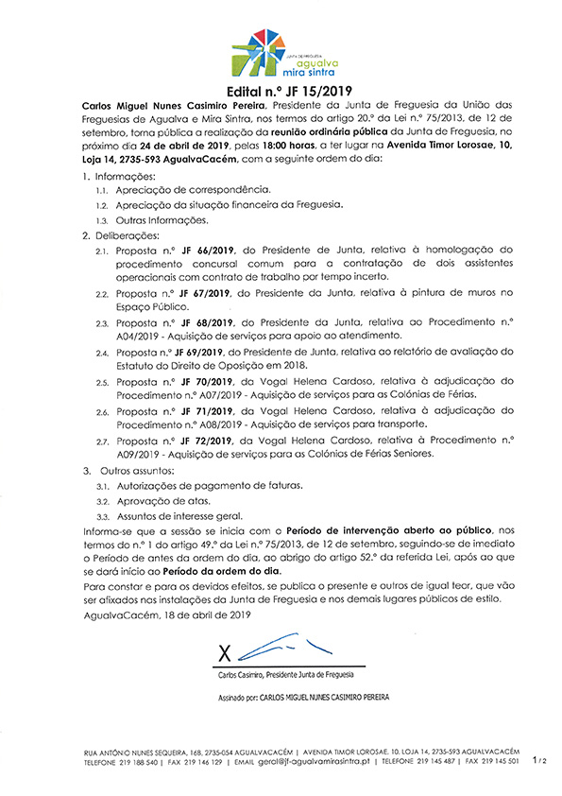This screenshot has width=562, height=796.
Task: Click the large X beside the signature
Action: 225,653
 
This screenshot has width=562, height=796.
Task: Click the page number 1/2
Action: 539,758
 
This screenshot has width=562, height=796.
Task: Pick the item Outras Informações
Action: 162,220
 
